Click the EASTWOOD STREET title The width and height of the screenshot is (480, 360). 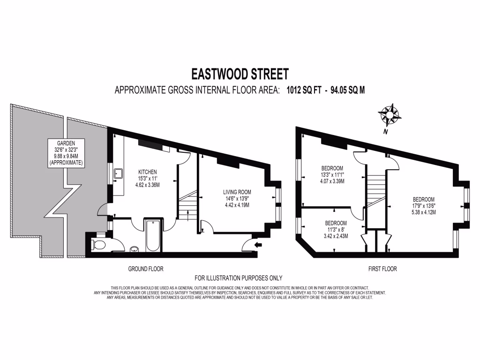point(240,74)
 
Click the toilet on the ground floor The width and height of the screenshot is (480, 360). point(98,244)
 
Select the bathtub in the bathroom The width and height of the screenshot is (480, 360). point(153,235)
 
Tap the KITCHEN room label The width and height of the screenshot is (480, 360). point(148,172)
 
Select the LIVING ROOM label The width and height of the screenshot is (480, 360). point(237,192)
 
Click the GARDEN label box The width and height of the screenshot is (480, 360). point(66,153)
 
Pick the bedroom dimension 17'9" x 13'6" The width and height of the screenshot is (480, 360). point(424,205)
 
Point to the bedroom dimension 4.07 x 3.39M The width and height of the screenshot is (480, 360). point(332,181)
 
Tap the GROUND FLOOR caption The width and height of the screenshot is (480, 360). point(146,269)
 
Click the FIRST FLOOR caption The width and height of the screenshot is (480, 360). point(382,269)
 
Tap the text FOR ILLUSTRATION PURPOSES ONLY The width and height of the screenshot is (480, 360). point(239,278)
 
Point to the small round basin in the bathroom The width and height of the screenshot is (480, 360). point(134,249)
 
